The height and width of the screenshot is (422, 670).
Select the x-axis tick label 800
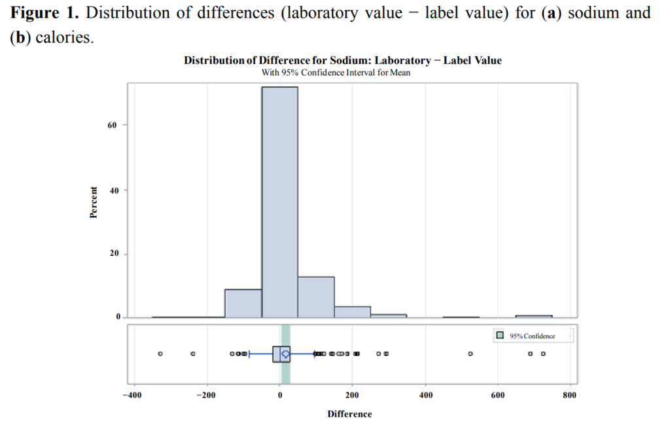pyautogui.click(x=569, y=395)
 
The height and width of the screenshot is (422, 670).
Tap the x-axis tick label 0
pyautogui.click(x=279, y=395)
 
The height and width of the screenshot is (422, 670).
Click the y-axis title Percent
pyautogui.click(x=93, y=202)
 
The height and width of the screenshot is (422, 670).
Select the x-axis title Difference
pyautogui.click(x=349, y=414)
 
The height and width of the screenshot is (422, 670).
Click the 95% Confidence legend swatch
pyautogui.click(x=500, y=336)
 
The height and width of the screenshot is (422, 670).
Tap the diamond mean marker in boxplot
pyautogui.click(x=285, y=353)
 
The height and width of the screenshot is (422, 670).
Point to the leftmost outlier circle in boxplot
pyautogui.click(x=160, y=353)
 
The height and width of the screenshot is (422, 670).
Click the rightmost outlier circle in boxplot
pyautogui.click(x=542, y=353)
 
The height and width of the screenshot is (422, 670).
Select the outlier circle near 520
pyautogui.click(x=470, y=353)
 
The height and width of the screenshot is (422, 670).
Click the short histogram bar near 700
pyautogui.click(x=533, y=316)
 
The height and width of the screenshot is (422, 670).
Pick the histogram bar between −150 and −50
pyautogui.click(x=243, y=304)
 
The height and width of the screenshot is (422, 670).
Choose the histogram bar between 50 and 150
pyautogui.click(x=316, y=297)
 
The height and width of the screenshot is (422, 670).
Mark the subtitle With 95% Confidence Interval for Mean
pyautogui.click(x=336, y=73)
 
